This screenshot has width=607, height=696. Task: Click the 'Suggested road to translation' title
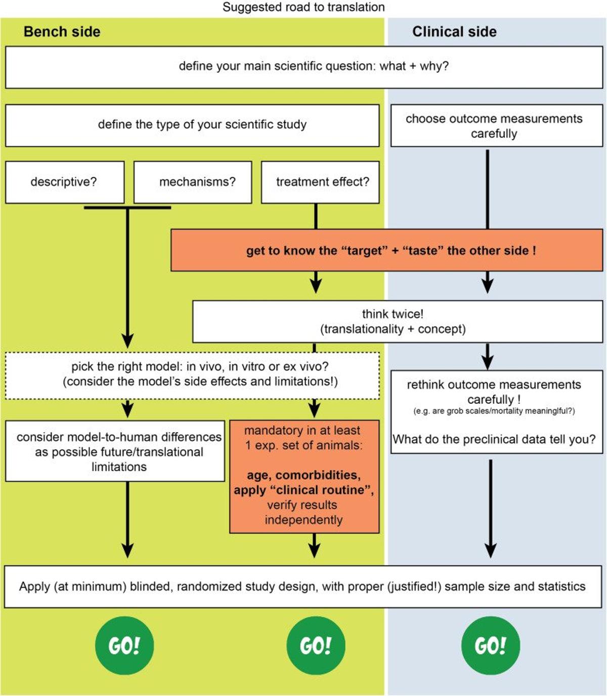(303, 7)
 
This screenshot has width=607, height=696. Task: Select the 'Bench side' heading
(62, 32)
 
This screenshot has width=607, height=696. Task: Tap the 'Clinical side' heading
(454, 32)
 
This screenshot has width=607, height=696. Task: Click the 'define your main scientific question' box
(303, 67)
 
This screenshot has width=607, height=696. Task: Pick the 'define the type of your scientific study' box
(192, 125)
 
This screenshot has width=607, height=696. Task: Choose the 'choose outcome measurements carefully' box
(496, 126)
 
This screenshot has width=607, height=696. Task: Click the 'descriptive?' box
(64, 182)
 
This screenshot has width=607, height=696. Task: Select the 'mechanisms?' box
(193, 182)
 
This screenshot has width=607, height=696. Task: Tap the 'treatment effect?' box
(320, 182)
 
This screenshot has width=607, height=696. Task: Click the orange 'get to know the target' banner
(387, 250)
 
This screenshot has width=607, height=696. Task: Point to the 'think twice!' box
(397, 321)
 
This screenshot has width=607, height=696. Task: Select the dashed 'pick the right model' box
(192, 375)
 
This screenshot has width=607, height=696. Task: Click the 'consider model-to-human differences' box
(115, 451)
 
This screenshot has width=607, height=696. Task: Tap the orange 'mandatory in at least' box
(304, 476)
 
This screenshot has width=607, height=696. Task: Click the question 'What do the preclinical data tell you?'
(494, 439)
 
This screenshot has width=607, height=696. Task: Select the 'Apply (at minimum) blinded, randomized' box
(302, 586)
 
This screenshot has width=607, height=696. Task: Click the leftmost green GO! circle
(124, 645)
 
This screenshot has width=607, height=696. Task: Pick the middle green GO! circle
(316, 645)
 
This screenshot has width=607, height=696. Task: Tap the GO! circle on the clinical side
(490, 645)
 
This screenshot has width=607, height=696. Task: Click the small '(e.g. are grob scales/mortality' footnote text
(494, 411)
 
